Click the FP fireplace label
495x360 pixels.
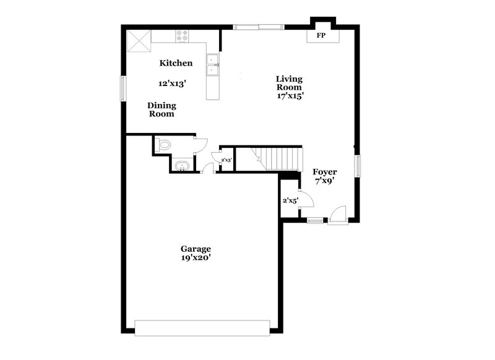(321, 36)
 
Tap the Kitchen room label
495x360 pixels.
(176, 63)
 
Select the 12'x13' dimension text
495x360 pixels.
(173, 83)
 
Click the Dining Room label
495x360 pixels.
(161, 109)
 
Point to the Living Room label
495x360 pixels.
(289, 83)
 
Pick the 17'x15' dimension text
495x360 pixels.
(289, 96)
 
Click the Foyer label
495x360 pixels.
(325, 171)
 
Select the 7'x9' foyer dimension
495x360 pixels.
(324, 181)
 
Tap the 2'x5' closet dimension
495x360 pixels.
(290, 200)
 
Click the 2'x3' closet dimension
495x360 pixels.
(226, 160)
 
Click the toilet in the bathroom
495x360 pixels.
(164, 145)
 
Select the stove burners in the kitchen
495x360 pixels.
(183, 36)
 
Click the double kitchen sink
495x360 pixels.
(213, 65)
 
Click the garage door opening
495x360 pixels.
(202, 328)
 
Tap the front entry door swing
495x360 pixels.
(338, 213)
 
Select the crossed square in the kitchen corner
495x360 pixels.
(139, 42)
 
